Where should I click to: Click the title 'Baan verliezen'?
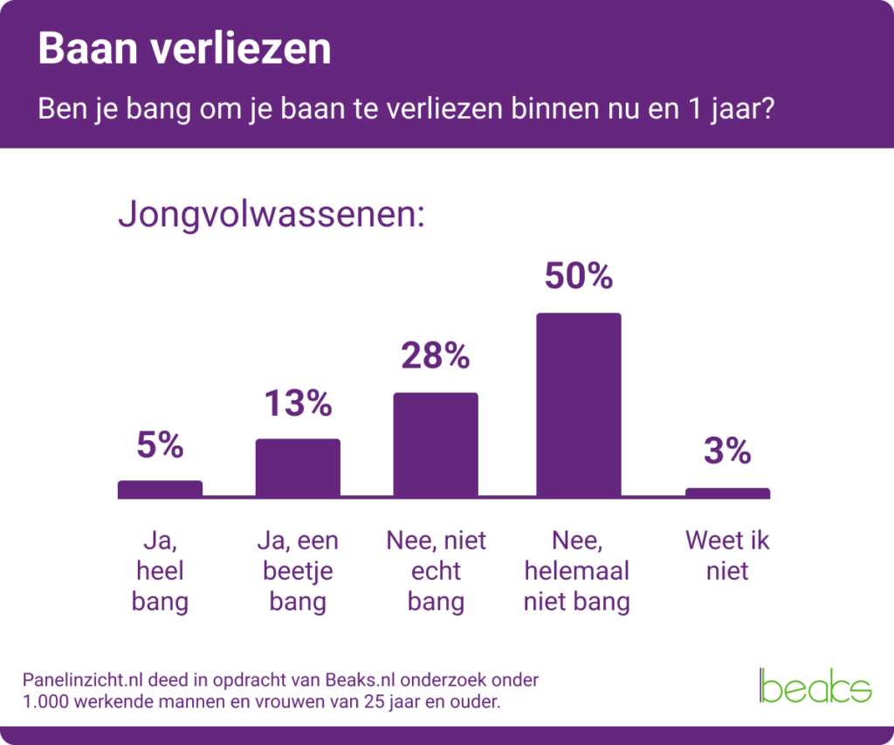(184, 50)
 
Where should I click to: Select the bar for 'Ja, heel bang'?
(160, 489)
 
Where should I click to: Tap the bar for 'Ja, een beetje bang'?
(298, 468)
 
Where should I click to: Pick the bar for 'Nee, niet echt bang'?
(436, 445)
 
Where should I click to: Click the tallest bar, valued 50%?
(578, 405)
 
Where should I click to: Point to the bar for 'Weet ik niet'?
(727, 493)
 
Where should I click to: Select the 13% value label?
(298, 404)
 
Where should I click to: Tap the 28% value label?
(436, 356)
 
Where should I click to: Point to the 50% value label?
(578, 276)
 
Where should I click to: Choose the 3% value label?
(727, 452)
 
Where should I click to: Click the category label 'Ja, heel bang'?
(160, 571)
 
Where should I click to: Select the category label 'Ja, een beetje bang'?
(298, 571)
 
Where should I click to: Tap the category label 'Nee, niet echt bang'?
(436, 571)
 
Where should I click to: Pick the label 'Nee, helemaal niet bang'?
(577, 571)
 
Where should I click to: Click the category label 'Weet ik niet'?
(727, 556)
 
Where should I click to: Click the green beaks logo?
(815, 686)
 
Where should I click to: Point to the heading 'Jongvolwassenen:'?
(271, 215)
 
